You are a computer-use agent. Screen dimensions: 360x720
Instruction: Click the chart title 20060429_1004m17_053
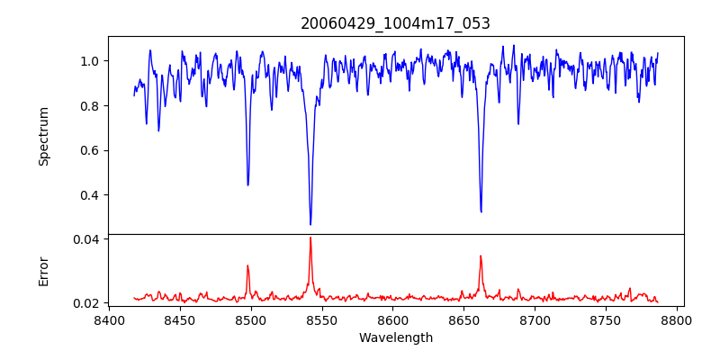(x=395, y=24)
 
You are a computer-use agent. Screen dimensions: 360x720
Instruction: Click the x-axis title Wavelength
(x=395, y=338)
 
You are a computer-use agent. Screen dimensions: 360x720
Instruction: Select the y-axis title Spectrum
(x=43, y=135)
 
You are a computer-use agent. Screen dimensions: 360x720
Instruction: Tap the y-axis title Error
(x=43, y=271)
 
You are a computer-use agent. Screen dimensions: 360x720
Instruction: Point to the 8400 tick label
(x=109, y=319)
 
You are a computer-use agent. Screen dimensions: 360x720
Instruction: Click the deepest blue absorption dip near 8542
(x=310, y=224)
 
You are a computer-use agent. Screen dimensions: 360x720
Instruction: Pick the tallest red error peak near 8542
(x=310, y=238)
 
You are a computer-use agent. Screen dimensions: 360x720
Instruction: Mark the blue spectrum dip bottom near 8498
(x=247, y=184)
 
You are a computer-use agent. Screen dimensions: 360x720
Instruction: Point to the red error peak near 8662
(x=481, y=256)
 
